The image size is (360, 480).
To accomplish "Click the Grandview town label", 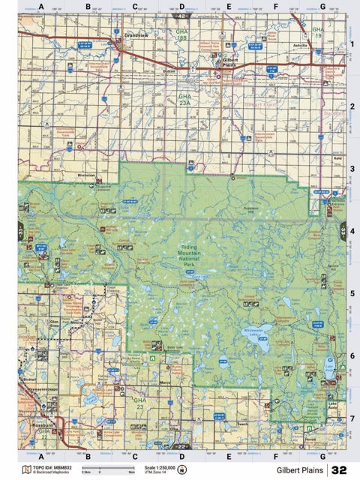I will coord(136,35).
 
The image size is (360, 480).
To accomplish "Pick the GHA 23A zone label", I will coord(185,100).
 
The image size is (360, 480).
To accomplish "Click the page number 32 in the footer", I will coord(339,469).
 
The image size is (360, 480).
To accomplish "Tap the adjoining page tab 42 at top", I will coord(180,15).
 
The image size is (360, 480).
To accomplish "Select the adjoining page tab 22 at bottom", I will coord(180,446).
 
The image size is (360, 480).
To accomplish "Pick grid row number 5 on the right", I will coord(352,292).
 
